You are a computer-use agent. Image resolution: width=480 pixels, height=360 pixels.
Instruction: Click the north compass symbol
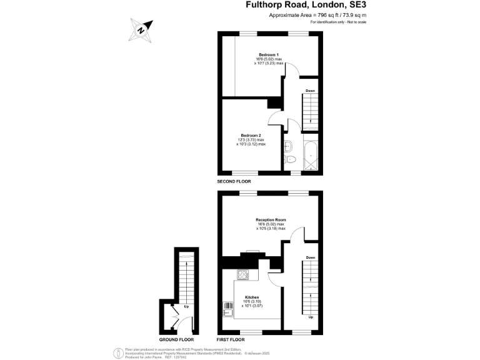point(141,29)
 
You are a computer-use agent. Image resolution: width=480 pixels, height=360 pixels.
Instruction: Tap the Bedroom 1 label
point(269,54)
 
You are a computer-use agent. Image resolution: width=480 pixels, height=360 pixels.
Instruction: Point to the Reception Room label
point(271,220)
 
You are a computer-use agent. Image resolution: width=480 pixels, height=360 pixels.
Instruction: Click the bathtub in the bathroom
point(311,154)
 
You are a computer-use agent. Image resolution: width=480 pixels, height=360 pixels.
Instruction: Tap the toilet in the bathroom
point(289,160)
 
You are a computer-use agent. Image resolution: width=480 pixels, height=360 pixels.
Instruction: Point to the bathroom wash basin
point(287,147)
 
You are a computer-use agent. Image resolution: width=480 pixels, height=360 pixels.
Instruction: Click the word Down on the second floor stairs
point(309,91)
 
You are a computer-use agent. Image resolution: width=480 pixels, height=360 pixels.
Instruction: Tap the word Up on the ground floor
point(186,306)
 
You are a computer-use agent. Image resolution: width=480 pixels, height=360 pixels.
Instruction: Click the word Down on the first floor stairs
point(311,257)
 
